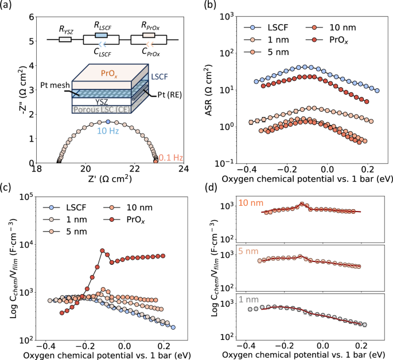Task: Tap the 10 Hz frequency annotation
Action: point(108,131)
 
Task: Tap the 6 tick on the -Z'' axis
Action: point(29,17)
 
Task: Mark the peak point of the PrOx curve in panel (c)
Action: point(102,251)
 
